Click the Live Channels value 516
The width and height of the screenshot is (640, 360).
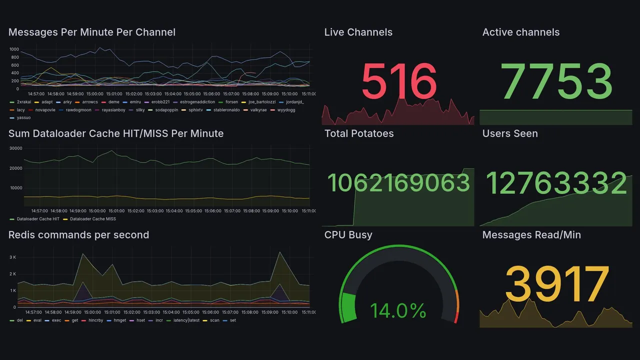399,81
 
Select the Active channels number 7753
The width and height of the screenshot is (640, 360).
557,81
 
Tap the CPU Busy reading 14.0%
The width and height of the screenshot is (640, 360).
398,310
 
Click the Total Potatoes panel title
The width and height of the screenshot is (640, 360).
359,133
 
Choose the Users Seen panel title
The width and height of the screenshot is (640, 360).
510,133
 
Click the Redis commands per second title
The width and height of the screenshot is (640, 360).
78,235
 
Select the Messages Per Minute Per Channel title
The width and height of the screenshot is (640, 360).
92,32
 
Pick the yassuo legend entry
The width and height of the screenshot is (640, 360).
23,118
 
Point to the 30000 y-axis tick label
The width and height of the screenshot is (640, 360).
15,148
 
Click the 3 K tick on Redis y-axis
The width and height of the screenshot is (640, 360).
13,257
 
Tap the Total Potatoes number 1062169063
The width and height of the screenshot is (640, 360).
398,183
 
